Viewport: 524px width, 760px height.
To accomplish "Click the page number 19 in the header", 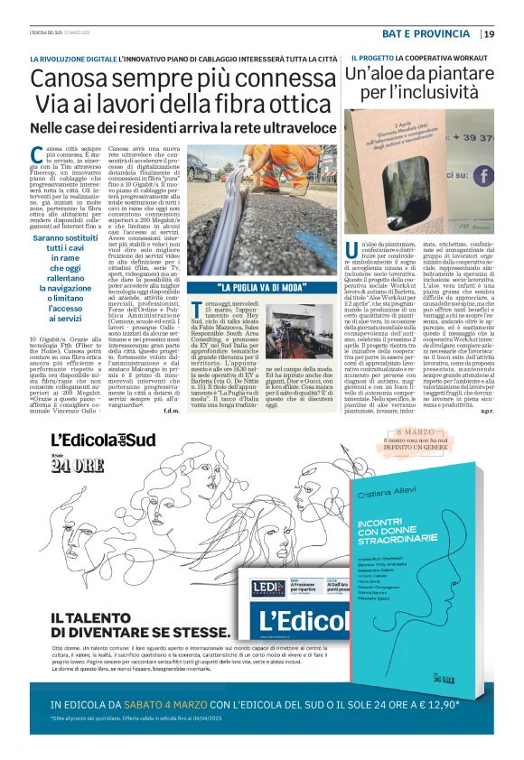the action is [489, 34].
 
